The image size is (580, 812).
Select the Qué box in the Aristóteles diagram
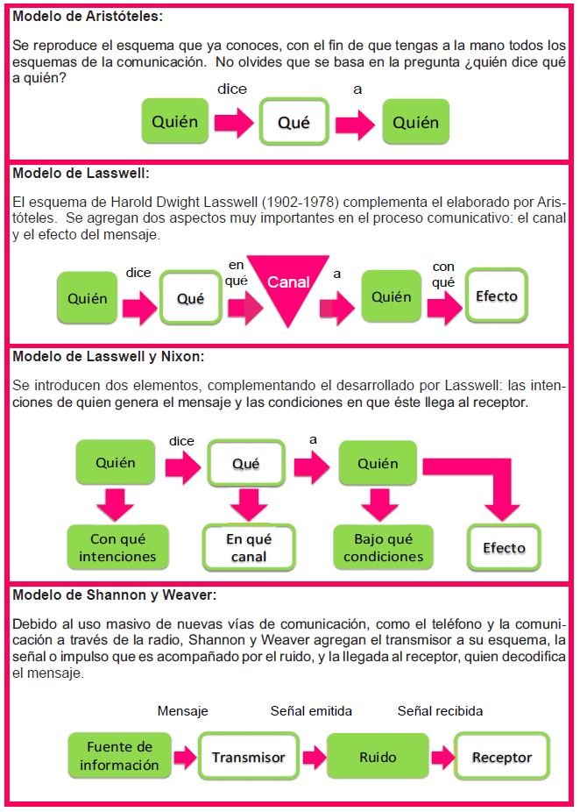294,122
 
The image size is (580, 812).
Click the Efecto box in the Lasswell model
496,296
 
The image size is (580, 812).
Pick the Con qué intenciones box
117,547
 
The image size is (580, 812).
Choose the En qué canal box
246,547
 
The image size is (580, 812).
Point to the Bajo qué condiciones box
383,547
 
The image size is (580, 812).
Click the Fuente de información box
119,755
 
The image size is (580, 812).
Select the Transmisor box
248,756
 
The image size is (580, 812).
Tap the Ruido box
378,756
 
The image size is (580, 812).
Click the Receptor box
502,756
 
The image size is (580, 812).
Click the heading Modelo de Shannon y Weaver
115,595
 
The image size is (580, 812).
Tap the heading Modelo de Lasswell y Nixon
109,356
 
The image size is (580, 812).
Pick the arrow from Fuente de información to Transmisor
184,757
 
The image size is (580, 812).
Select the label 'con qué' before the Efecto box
443,274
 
